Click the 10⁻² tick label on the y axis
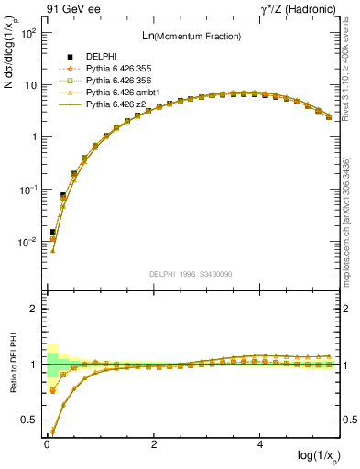coord(28,243)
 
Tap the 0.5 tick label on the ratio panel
coord(28,420)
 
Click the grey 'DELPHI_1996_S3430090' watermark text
coord(190,274)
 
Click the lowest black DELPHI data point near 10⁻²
coord(52,232)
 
